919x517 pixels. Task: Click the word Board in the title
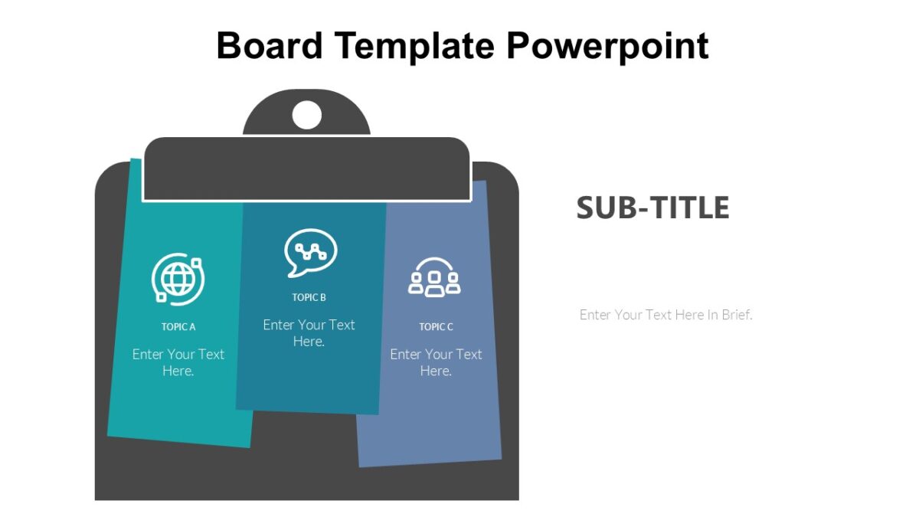click(269, 46)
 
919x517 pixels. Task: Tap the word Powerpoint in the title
click(607, 46)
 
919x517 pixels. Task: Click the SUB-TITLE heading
click(652, 208)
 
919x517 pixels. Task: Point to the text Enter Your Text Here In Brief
click(666, 315)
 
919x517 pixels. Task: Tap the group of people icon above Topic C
click(434, 277)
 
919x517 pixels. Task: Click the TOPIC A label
click(178, 327)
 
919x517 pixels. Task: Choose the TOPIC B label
click(309, 298)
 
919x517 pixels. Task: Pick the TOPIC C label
click(436, 327)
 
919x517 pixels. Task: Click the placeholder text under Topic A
click(178, 362)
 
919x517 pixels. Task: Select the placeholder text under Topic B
click(309, 333)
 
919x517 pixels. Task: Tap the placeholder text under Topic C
click(436, 362)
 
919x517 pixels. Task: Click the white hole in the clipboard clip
click(307, 115)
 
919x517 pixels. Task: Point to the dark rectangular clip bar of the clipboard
click(306, 169)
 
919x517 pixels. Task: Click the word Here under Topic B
click(309, 342)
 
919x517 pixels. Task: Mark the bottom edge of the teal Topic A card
click(179, 441)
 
